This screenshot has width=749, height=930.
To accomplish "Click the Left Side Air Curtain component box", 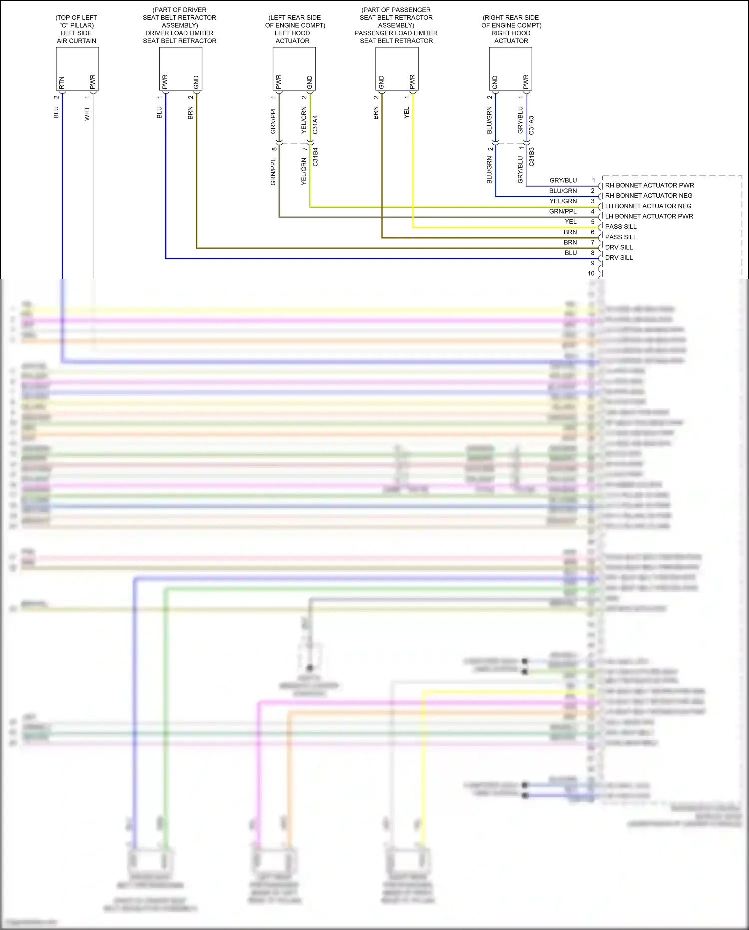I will coord(77,68).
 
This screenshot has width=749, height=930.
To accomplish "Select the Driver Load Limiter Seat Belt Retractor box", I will coord(180,68).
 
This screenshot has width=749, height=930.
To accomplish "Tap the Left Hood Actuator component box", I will coord(294,68).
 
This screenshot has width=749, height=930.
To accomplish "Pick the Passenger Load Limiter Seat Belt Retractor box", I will coord(397,68).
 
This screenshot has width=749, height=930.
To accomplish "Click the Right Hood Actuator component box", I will coord(510,68).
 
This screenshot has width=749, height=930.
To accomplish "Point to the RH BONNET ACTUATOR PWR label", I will coord(649,185).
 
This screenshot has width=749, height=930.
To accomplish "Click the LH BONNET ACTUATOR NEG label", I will coord(648,206).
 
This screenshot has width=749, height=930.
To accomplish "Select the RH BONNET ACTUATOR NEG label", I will coord(649,196).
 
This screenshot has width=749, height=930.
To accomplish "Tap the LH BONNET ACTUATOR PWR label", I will coord(649,216).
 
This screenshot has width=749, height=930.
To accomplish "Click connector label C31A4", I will coord(315,125).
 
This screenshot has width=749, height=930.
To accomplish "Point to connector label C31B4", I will coord(315,157).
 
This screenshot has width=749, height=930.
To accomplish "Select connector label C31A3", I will coord(531,125).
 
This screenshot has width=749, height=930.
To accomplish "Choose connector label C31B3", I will coord(531,157).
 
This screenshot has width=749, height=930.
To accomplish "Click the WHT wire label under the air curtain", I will coord(87,114).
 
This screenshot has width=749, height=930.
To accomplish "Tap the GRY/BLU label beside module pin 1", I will coord(563,180).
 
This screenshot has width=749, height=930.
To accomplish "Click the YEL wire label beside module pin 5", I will coord(570,222).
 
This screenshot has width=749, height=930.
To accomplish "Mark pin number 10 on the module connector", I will coord(591,273).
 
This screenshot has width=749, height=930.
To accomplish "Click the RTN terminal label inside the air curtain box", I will coord(62,82).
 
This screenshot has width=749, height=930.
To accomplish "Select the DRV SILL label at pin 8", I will coord(619,258).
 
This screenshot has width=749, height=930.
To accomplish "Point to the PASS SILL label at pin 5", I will coord(621,227).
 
